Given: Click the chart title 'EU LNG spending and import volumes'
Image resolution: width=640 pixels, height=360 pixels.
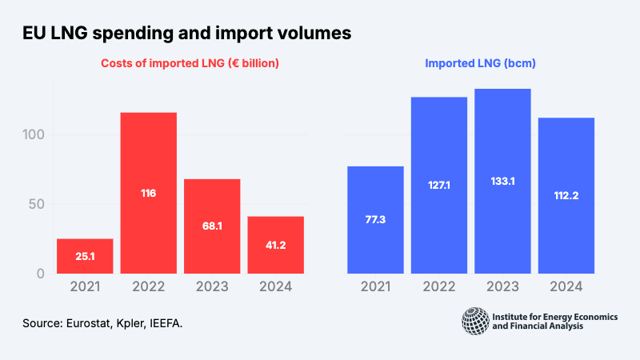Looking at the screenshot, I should [186, 34].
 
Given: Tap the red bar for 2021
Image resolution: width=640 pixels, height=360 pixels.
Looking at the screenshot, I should [85, 256].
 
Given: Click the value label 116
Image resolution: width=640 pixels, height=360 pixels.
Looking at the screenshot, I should [148, 193].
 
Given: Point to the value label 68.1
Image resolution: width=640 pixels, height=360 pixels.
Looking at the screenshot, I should [212, 226].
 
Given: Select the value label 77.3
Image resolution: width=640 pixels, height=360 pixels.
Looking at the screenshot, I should [374, 219].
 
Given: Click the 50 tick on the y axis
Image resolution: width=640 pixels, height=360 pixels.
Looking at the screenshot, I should [36, 204].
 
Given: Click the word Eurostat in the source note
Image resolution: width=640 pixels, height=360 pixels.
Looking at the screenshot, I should [90, 323].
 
